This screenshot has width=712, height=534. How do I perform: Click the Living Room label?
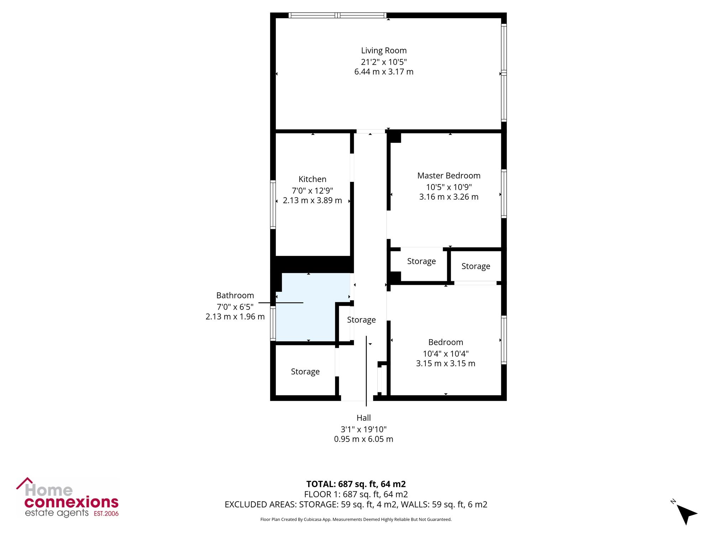[x=384, y=51]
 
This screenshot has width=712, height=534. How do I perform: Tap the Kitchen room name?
[x=312, y=179]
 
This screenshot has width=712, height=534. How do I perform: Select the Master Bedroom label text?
[x=449, y=176]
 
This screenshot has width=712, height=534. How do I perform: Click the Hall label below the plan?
[x=363, y=418]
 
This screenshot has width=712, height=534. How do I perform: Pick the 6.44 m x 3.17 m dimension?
[x=384, y=72]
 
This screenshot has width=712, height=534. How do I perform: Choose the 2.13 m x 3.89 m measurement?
[x=312, y=200]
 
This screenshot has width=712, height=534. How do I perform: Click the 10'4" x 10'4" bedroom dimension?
[x=446, y=354]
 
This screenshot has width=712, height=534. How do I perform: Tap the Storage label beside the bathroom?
[x=361, y=320]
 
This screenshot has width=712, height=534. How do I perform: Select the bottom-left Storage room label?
[x=305, y=372]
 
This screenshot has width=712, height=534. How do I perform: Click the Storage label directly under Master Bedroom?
[x=422, y=261]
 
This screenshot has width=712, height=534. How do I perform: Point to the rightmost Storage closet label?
[x=476, y=266]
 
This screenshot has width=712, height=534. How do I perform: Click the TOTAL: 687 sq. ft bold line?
[x=356, y=484]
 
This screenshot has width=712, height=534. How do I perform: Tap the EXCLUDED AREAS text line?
[x=356, y=504]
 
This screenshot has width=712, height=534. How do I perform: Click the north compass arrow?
[x=686, y=514]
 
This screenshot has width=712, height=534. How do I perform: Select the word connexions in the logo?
[x=71, y=502]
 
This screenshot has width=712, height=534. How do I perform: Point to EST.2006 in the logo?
[x=106, y=513]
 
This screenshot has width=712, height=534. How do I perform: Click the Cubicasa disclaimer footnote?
[x=356, y=519]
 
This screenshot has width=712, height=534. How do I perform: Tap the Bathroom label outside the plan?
[x=235, y=295]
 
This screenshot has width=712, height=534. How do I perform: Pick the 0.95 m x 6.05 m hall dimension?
[x=363, y=439]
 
